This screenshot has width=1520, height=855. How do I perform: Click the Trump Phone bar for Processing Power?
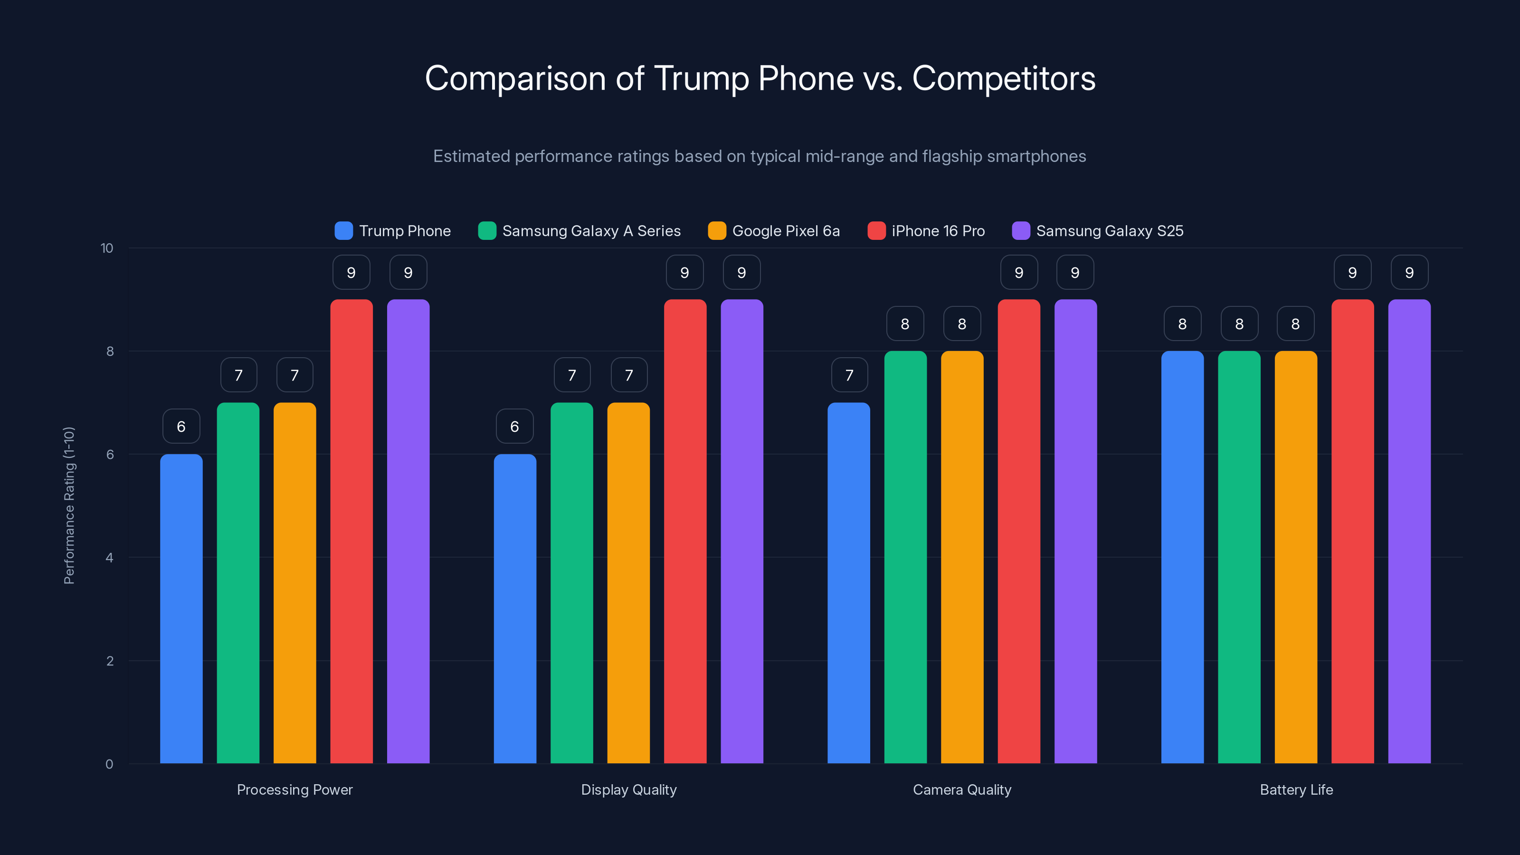pos(181,608)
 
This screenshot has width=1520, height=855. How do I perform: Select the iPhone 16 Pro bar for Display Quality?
pos(684,531)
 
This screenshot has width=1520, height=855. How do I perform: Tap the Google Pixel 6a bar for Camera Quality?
pos(962,557)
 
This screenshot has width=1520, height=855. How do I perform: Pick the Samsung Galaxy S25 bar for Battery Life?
pos(1409,531)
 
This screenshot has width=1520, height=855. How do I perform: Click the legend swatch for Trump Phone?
pos(343,231)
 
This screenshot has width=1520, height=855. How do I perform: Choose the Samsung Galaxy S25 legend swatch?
pos(1021,231)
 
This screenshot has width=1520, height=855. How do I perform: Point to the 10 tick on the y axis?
pos(107,248)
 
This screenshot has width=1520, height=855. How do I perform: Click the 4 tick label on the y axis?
pos(109,558)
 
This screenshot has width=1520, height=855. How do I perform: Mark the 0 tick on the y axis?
pos(109,764)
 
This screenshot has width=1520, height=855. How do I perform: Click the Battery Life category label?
pos(1296,789)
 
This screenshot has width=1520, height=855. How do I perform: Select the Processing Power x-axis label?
pos(294,789)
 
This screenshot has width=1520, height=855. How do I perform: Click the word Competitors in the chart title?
pos(1004,78)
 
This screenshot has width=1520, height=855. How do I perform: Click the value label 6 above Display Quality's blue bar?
pos(514,426)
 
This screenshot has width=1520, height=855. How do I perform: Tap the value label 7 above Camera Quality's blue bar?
pos(849,375)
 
